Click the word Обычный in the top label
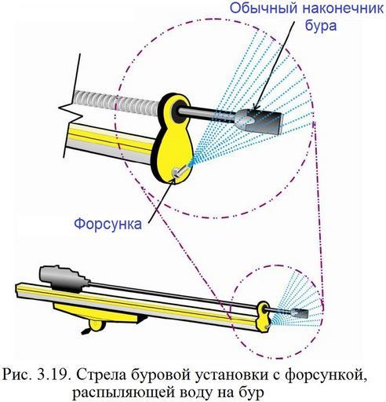tap(264, 8)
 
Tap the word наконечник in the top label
tap(344, 8)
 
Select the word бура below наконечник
tap(321, 26)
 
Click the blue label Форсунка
tap(108, 224)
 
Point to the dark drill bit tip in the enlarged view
tap(259, 121)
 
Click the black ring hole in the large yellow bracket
tap(180, 111)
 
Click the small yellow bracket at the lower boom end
tap(263, 316)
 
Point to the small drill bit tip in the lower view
tap(300, 312)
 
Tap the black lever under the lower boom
tap(86, 331)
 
